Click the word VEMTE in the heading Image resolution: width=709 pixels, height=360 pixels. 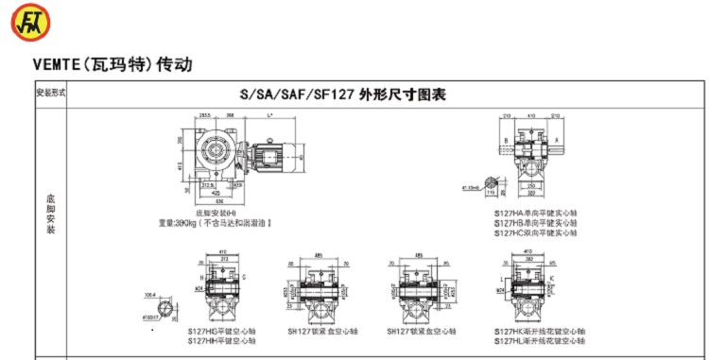(56, 65)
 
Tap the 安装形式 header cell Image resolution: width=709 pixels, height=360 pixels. (50, 94)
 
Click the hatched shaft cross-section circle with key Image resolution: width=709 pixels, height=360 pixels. (490, 182)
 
